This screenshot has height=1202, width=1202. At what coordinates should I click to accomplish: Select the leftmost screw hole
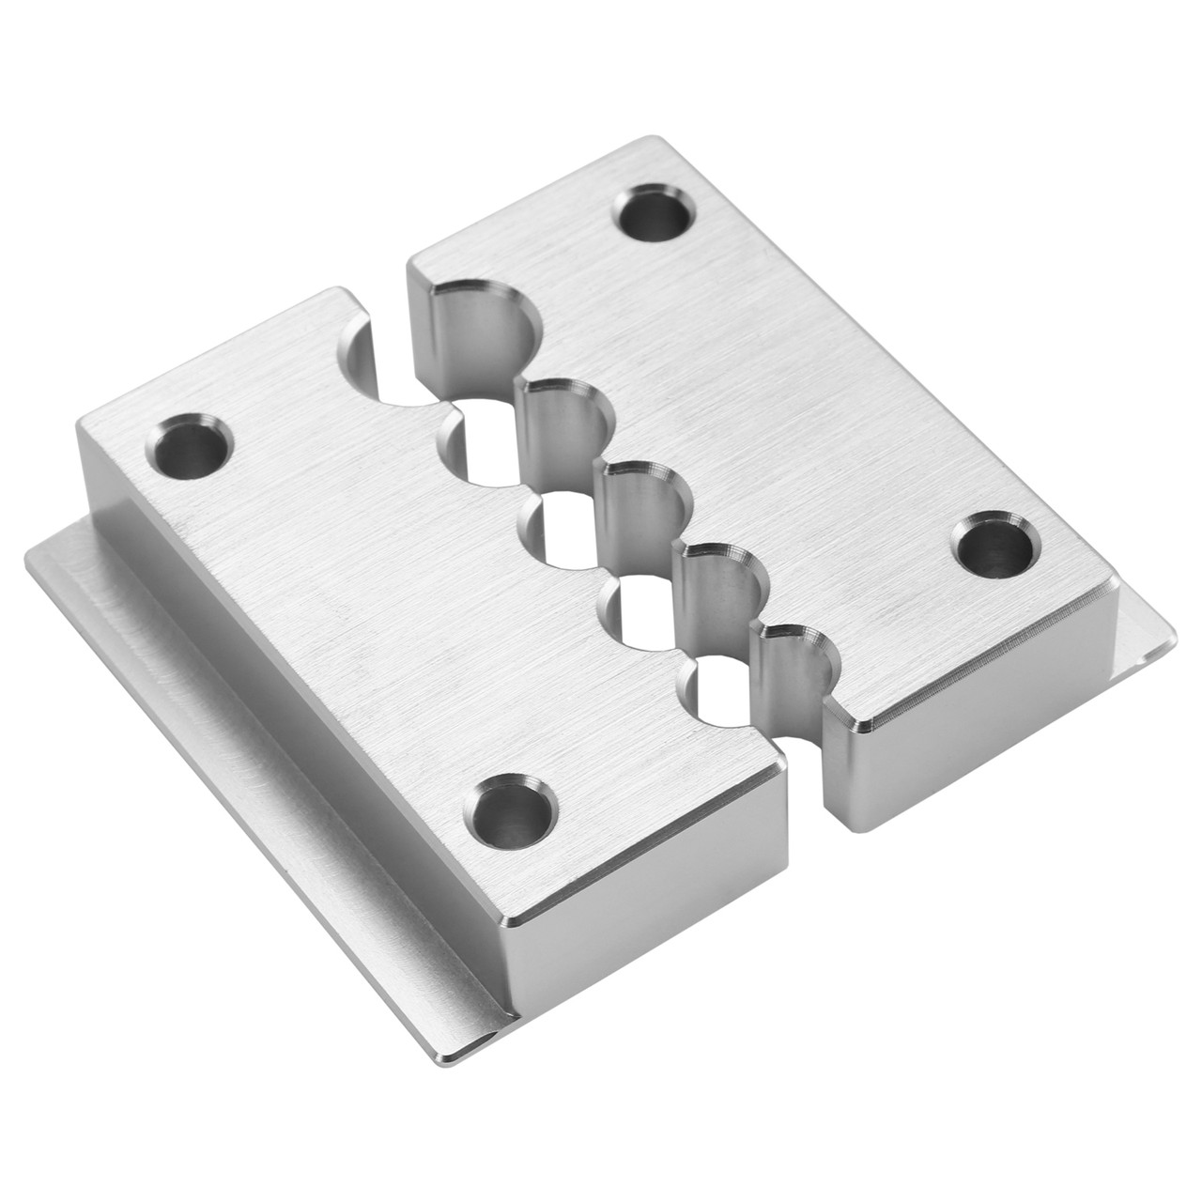click(x=190, y=446)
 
